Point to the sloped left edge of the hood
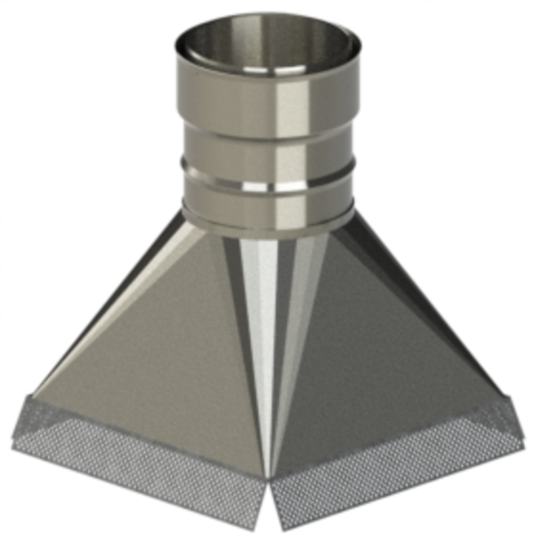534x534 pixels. pyautogui.click(x=107, y=303)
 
